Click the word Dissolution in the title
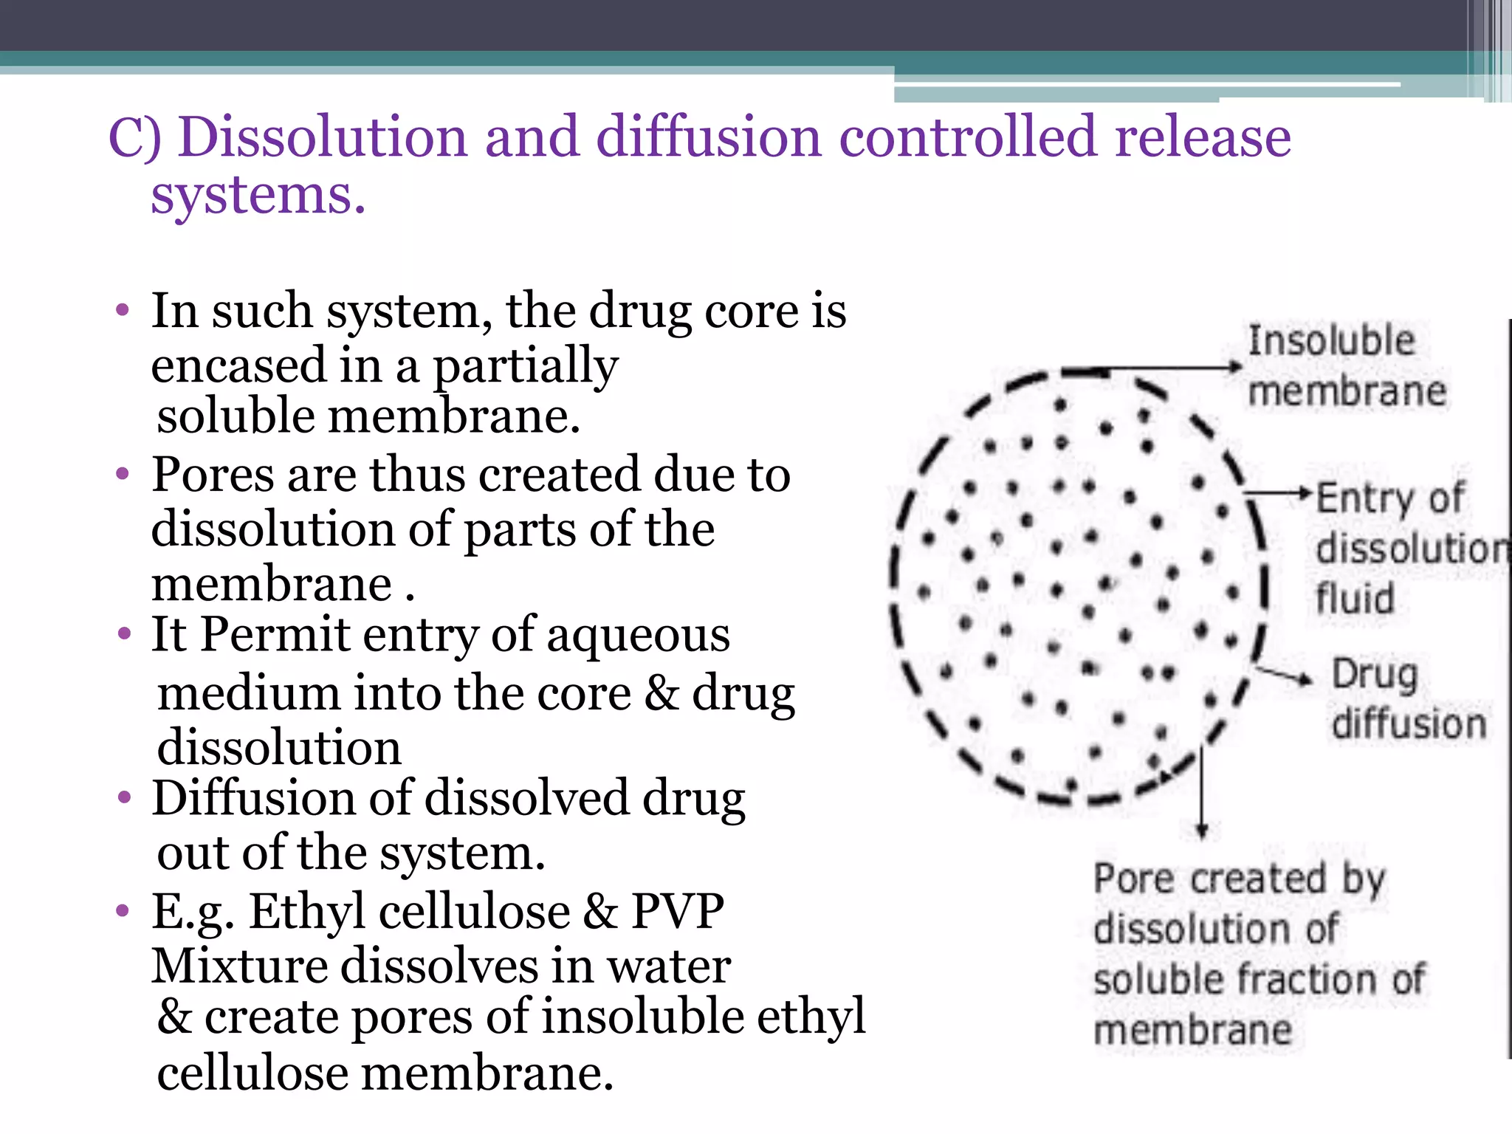(x=323, y=137)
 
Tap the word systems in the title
(x=258, y=196)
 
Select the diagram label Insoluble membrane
(x=1345, y=366)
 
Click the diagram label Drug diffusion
(x=1406, y=698)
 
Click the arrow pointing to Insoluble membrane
(x=1174, y=367)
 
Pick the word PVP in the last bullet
(x=677, y=911)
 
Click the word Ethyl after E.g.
(x=306, y=911)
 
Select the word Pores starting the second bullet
(x=213, y=475)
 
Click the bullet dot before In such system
(x=123, y=310)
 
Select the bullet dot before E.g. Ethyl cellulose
(x=123, y=911)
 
